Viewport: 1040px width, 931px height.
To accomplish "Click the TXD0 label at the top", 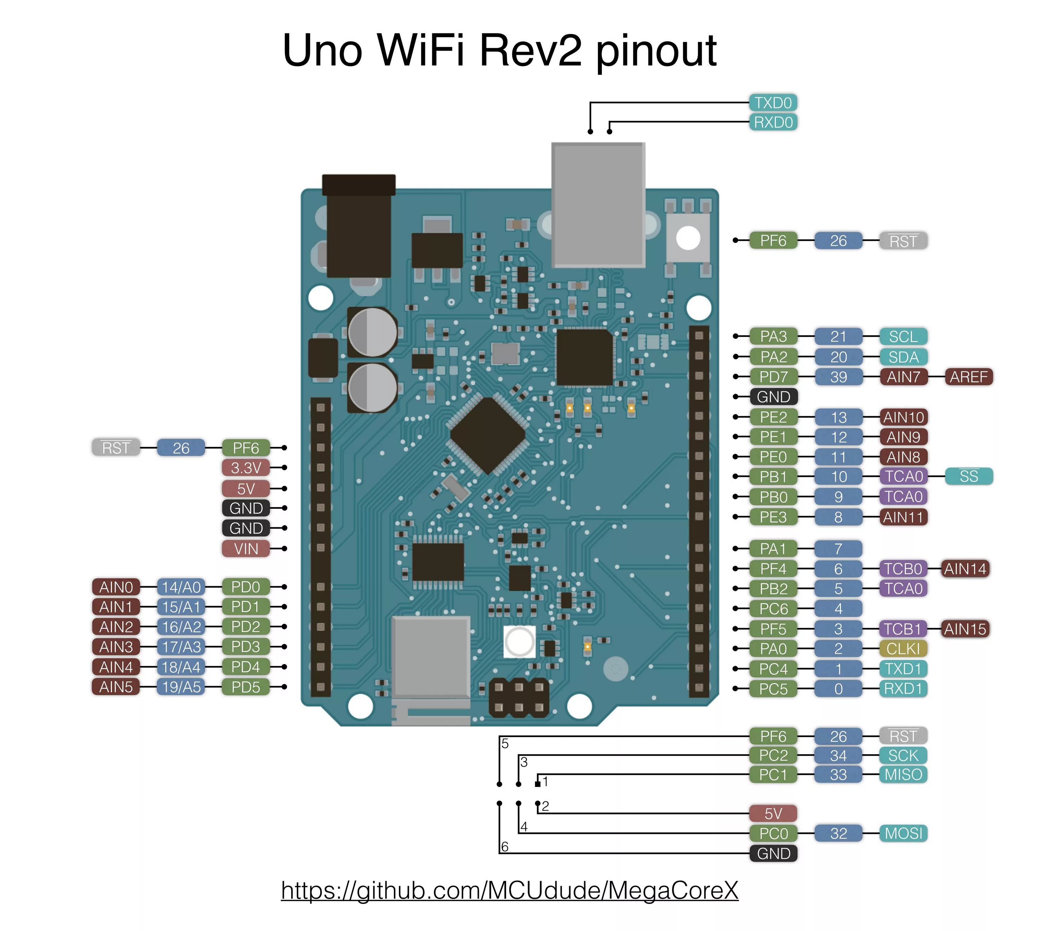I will tap(773, 103).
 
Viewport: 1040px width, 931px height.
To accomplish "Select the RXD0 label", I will tap(773, 122).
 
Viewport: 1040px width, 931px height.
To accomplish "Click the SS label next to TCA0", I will tap(968, 476).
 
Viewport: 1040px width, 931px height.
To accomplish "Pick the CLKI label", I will tap(903, 649).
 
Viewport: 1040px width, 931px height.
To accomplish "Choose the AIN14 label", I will tap(964, 569).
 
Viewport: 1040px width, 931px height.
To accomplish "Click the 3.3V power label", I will tap(245, 468).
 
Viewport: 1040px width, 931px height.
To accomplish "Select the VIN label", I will tap(245, 549).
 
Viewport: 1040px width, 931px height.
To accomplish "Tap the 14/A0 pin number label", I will tap(181, 587).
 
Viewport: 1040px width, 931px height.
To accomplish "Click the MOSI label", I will tap(903, 833).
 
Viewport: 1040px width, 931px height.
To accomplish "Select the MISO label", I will tap(903, 775).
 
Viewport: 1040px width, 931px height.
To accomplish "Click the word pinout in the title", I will tap(656, 51).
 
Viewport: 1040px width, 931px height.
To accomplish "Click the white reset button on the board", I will tap(688, 238).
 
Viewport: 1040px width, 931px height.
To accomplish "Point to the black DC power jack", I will tap(358, 228).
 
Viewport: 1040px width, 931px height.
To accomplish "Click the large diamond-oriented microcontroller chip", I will tap(488, 435).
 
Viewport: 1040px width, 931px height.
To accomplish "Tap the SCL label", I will tap(903, 336).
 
